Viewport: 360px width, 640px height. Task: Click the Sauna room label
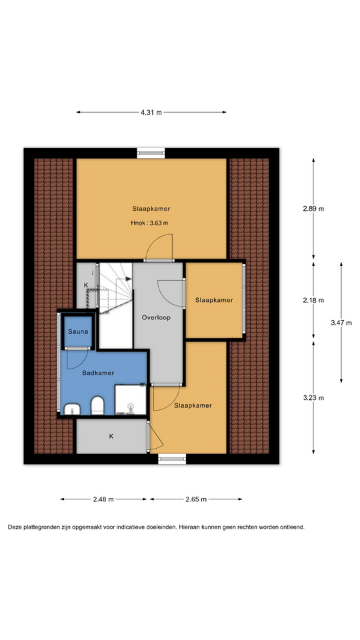(x=78, y=331)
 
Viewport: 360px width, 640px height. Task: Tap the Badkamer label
(x=98, y=373)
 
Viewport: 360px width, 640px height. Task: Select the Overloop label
(x=156, y=317)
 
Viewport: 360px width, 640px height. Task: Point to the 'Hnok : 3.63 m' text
(x=149, y=223)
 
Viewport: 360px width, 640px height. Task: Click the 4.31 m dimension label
(x=151, y=112)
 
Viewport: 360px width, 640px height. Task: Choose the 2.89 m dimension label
(x=313, y=209)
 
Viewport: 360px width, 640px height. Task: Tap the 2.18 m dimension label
(x=313, y=300)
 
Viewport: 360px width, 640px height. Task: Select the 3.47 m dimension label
(x=341, y=323)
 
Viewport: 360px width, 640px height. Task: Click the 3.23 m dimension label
(x=313, y=398)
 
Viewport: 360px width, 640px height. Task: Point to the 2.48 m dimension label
(x=103, y=499)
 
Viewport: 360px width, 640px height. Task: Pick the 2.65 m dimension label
(x=196, y=499)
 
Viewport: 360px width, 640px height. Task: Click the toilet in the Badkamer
(x=97, y=405)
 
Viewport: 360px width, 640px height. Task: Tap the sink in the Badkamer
(x=72, y=408)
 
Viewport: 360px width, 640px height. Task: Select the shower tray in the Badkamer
(x=130, y=399)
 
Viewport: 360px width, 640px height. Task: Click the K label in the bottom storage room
(x=111, y=436)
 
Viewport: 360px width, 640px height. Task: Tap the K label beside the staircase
(x=86, y=285)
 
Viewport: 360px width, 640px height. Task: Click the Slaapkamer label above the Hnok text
(x=151, y=209)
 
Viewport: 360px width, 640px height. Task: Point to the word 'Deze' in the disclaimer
(x=15, y=527)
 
